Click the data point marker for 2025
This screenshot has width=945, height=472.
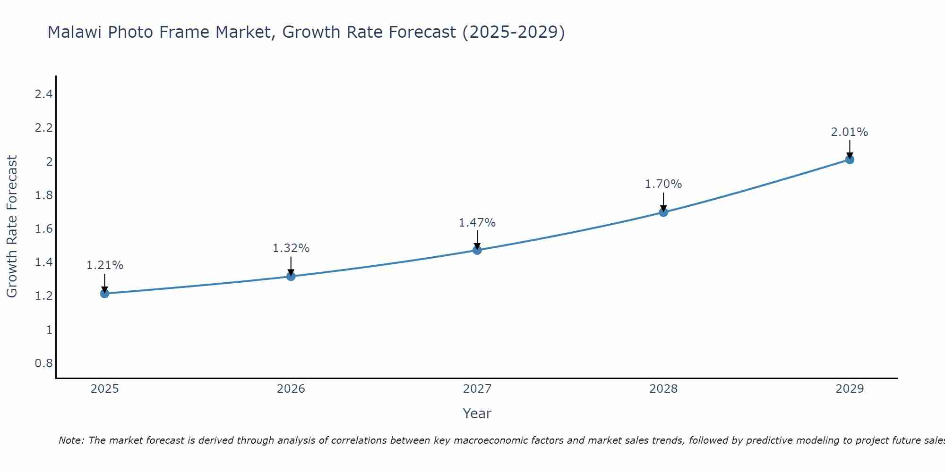pos(104,294)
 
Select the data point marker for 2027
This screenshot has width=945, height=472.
pos(477,250)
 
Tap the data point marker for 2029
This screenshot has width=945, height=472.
pos(850,160)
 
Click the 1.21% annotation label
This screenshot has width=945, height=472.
pos(104,265)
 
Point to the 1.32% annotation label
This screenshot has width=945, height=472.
pos(291,248)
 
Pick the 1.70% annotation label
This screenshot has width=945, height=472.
pos(663,184)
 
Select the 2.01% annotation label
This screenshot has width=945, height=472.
pos(850,132)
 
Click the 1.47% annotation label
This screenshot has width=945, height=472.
pos(477,223)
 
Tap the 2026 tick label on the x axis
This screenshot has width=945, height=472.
pos(291,389)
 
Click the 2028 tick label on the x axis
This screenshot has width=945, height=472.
pos(663,389)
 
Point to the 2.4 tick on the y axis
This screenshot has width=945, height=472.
pos(43,94)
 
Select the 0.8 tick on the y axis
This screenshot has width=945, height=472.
pos(43,363)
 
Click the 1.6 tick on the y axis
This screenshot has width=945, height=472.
pos(43,229)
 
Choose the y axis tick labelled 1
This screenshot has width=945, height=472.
pos(49,330)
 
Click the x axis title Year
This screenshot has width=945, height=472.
pos(477,413)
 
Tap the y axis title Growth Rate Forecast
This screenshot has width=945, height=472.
pos(12,227)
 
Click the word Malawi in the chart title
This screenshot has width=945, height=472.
pos(75,32)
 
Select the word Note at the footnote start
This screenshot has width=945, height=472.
pos(71,440)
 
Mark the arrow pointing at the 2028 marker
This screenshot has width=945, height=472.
pos(663,202)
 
